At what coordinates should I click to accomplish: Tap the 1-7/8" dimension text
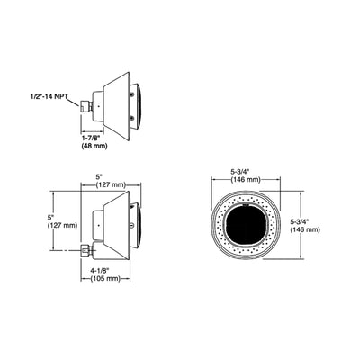pyautogui.click(x=95, y=137)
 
